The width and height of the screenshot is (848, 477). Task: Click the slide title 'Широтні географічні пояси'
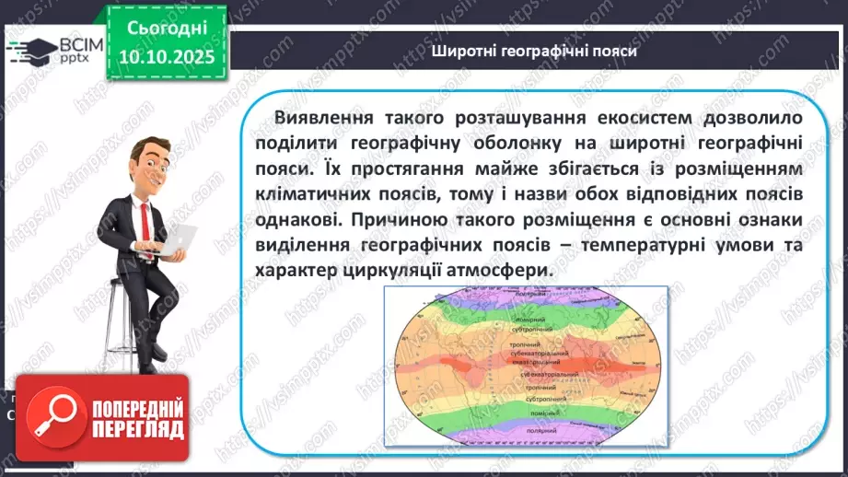point(534,52)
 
